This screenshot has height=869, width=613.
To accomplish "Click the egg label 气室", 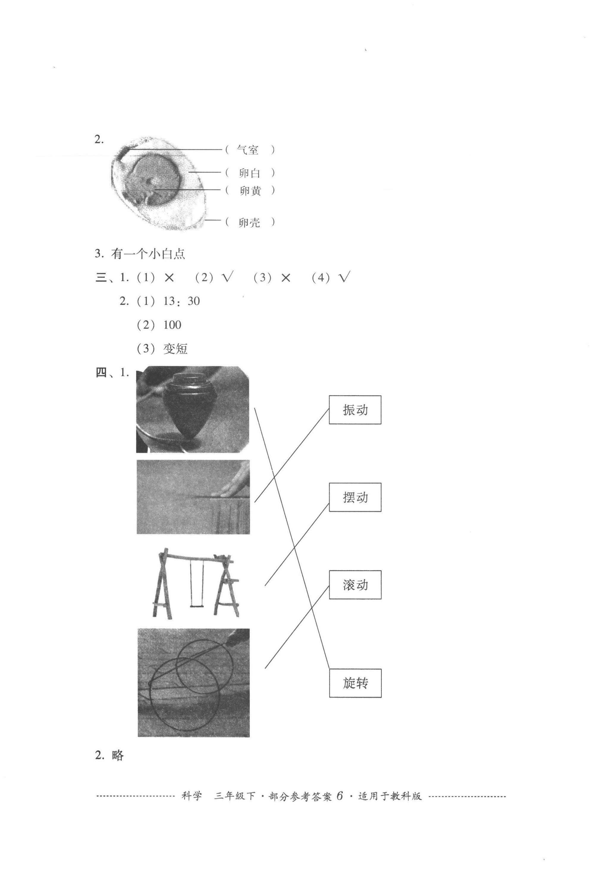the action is coord(248,150).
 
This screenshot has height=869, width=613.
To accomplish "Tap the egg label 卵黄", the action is coord(250,191).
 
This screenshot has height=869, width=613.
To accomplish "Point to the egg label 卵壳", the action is coord(250,222).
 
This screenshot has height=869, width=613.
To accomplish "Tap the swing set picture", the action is coord(196,583).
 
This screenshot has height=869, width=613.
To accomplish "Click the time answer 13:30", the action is coord(181,301).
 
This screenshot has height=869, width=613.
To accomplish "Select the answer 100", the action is coord(172,325).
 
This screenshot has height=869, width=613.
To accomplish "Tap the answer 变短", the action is coord(175,349).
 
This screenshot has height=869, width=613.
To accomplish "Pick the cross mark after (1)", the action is coord(169,278).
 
